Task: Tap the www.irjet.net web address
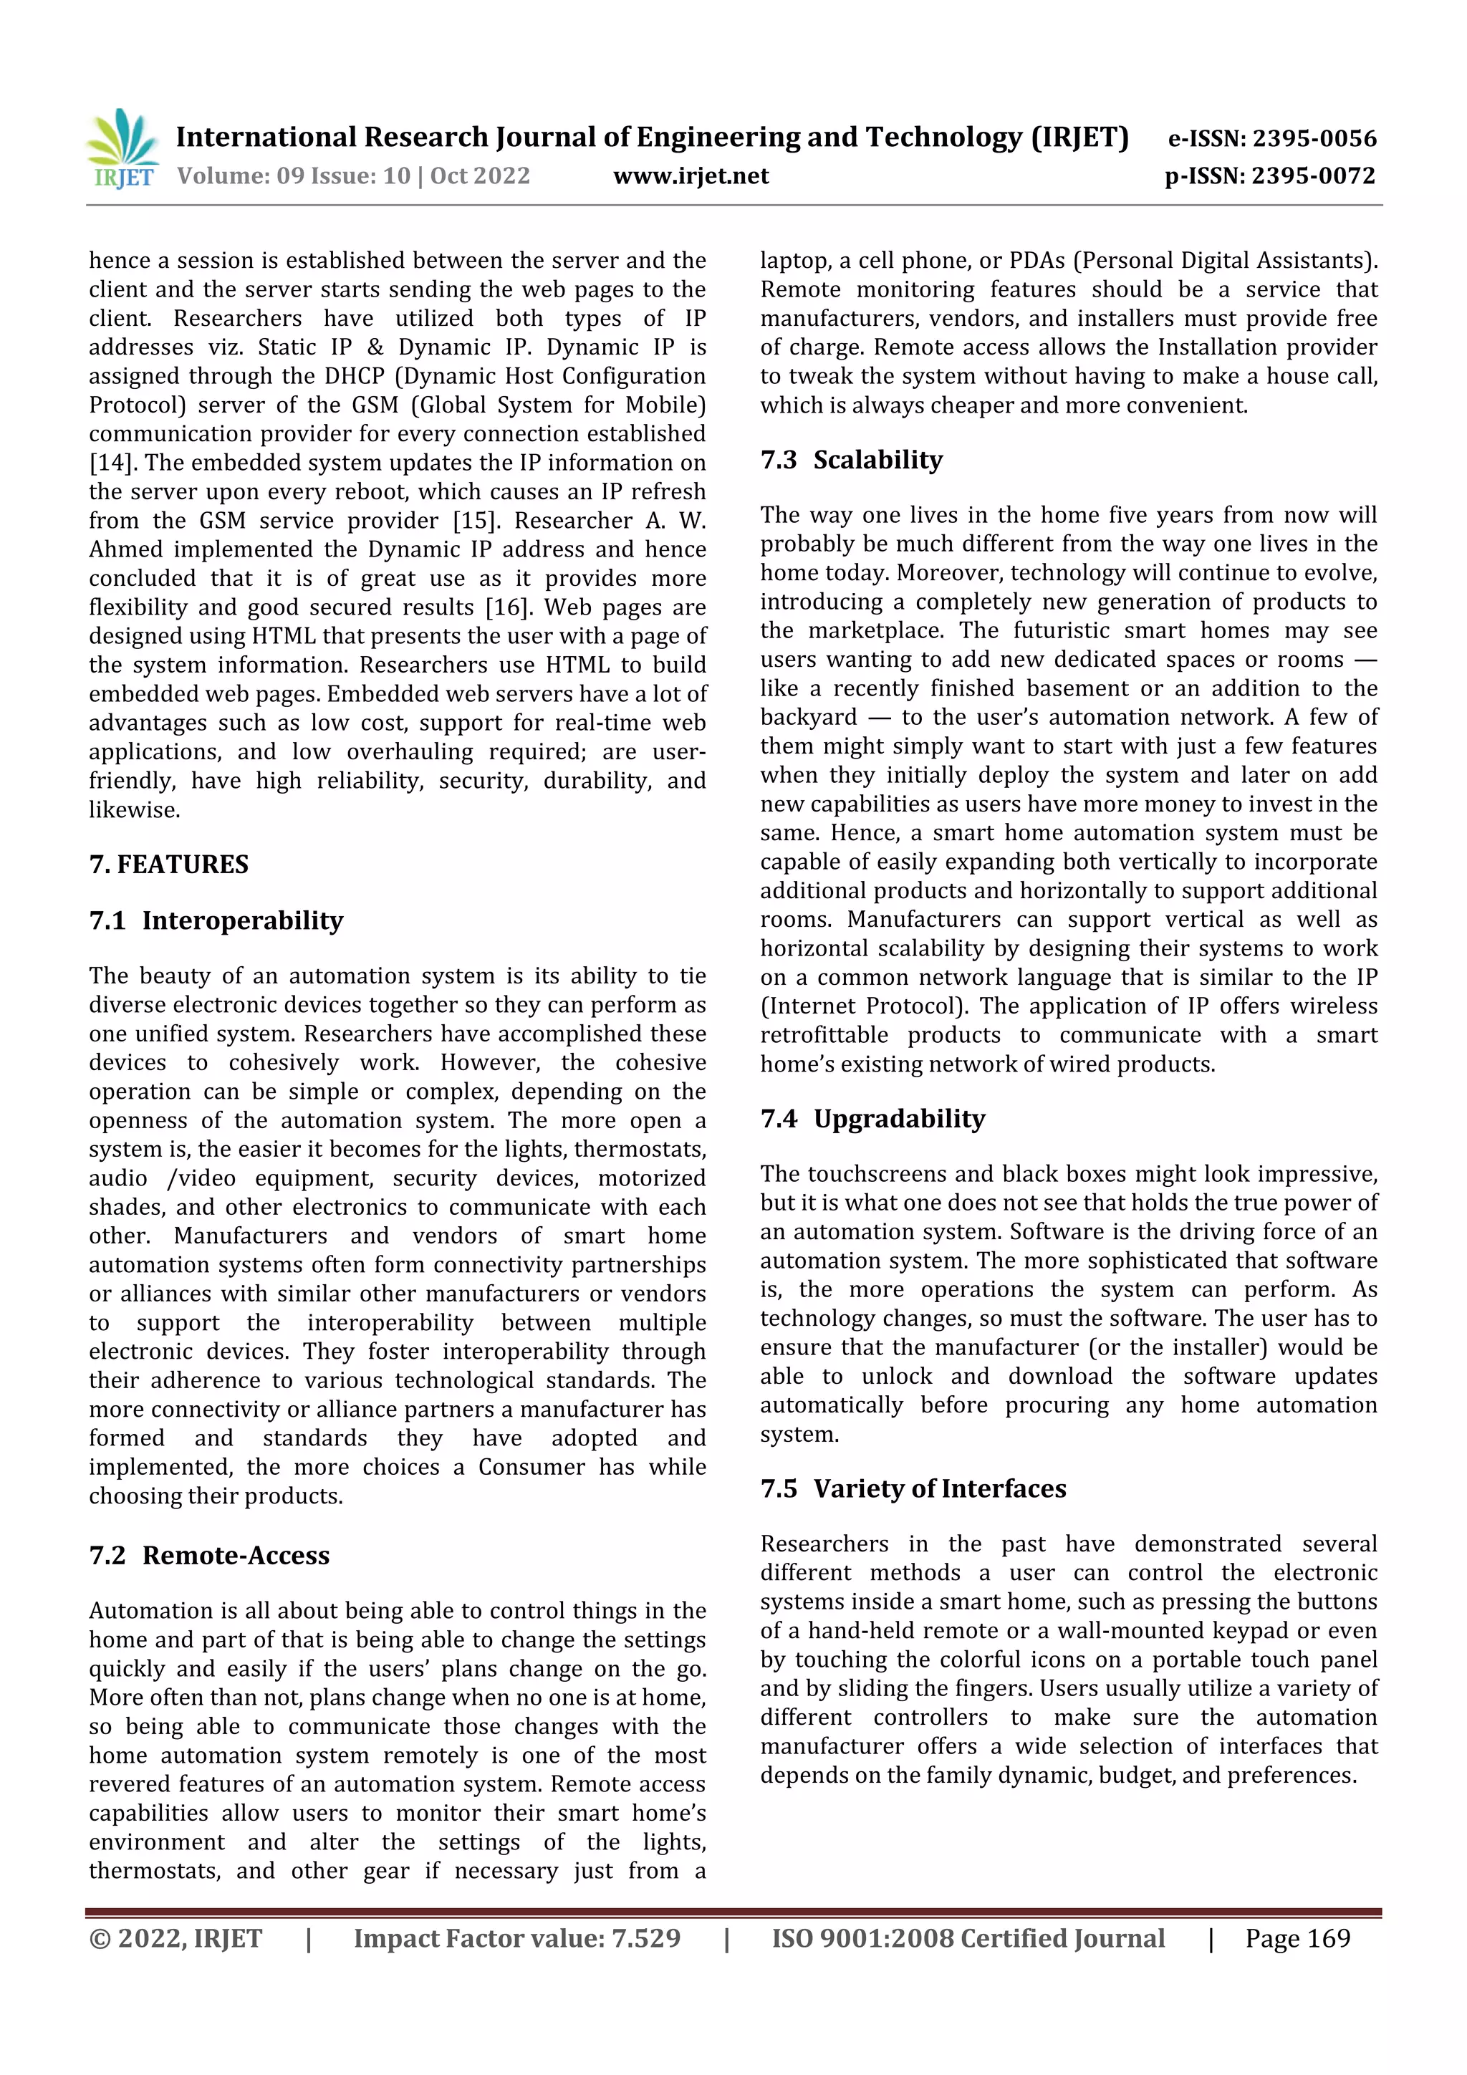tap(691, 175)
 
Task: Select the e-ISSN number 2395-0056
tap(1313, 138)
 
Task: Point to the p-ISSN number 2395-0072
tap(1313, 175)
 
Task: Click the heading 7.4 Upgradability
tap(872, 1119)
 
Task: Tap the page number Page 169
tap(1297, 1938)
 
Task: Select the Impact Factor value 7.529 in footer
tap(645, 1938)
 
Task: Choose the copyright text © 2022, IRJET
tap(175, 1938)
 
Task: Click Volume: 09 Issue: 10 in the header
tap(294, 175)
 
